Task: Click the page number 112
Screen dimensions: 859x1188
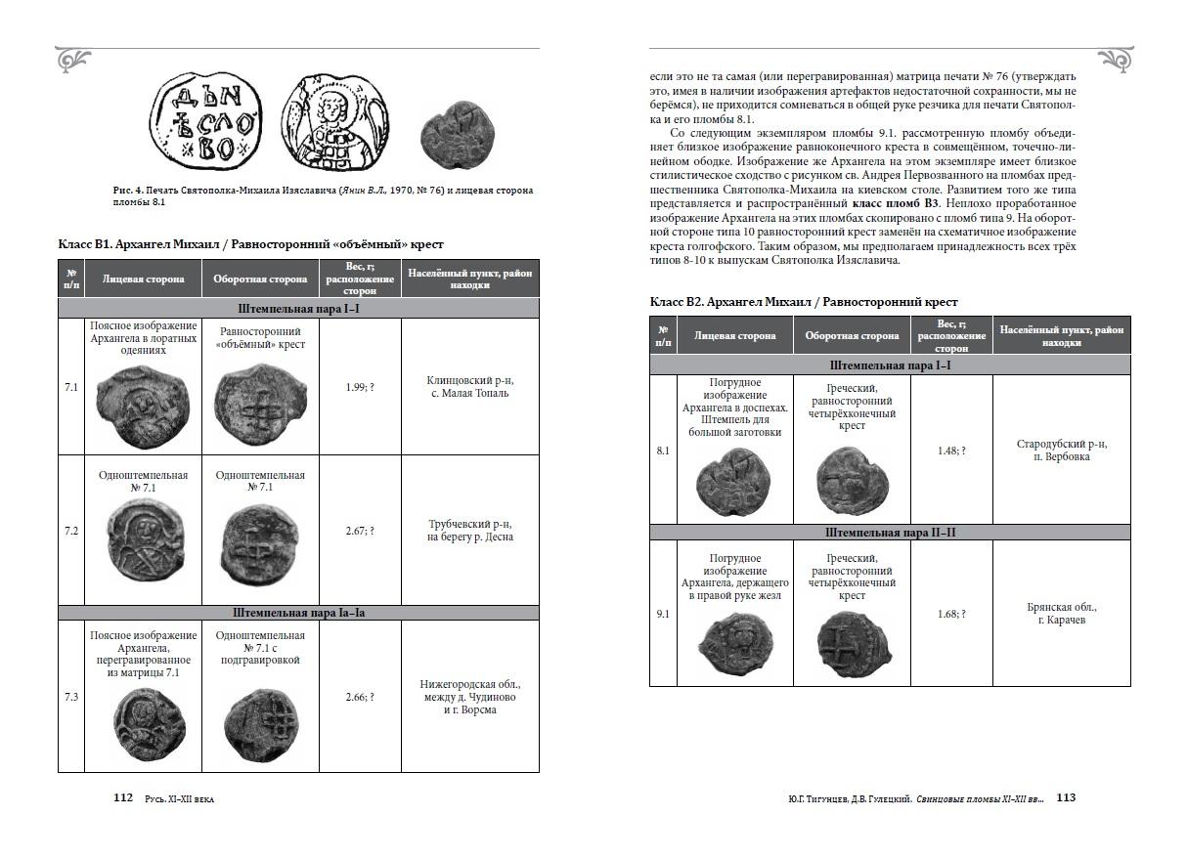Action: (x=122, y=797)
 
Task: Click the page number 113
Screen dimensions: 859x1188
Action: (x=1066, y=797)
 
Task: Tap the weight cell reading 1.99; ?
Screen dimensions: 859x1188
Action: (x=360, y=387)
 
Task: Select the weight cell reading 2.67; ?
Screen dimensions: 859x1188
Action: (x=360, y=531)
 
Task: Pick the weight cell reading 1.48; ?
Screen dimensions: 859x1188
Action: (x=950, y=451)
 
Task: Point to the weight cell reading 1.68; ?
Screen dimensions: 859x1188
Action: (x=950, y=614)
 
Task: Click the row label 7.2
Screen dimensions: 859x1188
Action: (x=70, y=531)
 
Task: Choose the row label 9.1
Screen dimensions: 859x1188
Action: (x=662, y=614)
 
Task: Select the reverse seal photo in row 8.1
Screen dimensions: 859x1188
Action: (x=851, y=483)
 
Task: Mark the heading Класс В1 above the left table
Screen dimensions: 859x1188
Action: (x=251, y=244)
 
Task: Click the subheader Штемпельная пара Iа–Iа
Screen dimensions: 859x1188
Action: (x=298, y=613)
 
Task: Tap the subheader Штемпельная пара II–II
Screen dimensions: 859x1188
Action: (x=890, y=533)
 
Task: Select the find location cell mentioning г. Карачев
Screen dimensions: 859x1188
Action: (x=1061, y=614)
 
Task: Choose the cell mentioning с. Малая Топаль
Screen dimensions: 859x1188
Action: (x=469, y=387)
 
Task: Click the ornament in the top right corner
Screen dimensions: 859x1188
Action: (x=1114, y=59)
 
